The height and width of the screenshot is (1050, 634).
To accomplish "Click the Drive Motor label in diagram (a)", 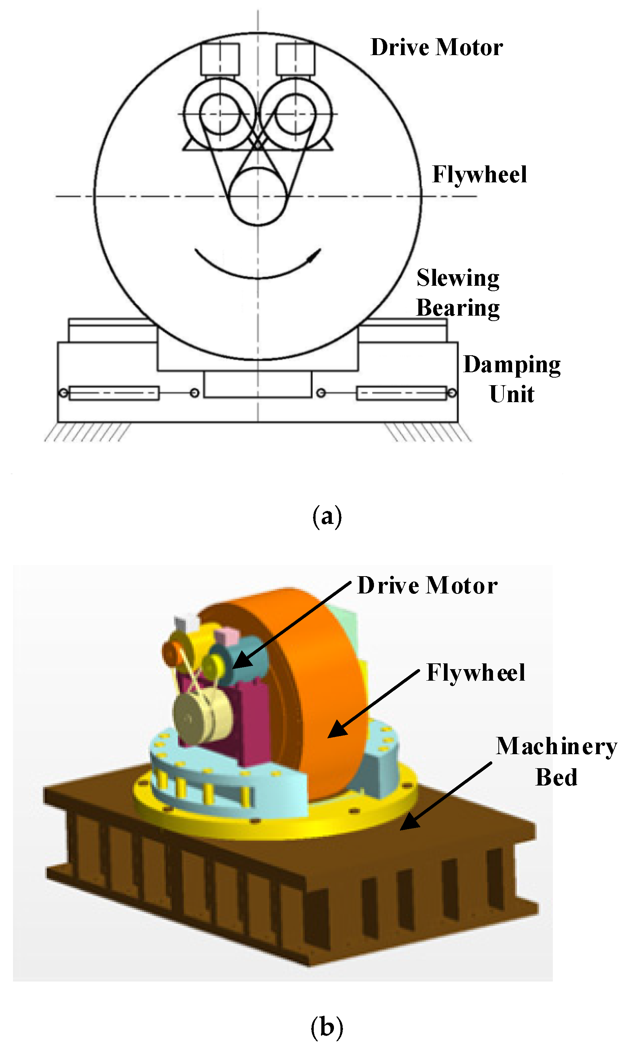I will point(436,47).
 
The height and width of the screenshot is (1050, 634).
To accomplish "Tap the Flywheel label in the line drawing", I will point(479,175).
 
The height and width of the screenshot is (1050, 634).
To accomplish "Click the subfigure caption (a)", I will point(327,516).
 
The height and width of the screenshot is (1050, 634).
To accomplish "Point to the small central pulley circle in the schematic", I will point(257,196).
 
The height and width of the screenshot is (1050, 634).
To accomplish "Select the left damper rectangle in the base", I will point(114,393).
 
